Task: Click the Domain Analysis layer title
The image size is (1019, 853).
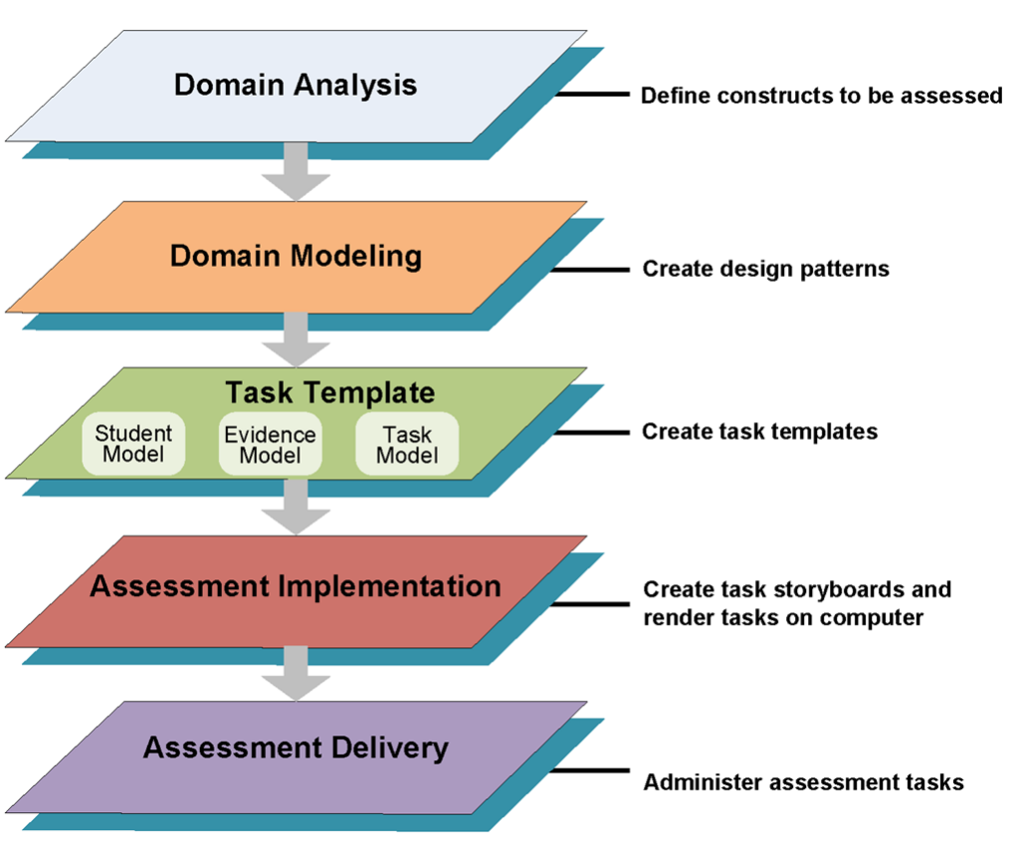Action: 296,86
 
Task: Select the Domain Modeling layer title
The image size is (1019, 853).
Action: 296,256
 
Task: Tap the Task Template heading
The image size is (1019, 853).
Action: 330,393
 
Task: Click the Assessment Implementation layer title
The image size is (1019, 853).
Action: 296,586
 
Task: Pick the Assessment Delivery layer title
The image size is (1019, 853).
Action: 296,747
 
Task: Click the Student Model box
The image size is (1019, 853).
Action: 133,443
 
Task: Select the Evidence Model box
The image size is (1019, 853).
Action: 271,444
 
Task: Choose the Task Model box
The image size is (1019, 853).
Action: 407,444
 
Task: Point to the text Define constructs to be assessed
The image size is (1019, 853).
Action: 821,96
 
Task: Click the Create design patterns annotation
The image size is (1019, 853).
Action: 765,269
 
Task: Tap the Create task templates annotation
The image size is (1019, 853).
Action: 759,432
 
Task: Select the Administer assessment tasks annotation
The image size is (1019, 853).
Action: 804,782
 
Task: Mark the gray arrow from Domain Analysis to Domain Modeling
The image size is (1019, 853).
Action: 296,171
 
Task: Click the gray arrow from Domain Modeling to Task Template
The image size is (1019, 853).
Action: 296,340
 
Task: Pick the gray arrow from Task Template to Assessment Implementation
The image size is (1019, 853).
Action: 296,508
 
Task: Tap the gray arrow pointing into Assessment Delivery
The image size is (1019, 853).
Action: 296,674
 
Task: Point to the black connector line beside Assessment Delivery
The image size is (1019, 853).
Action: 590,771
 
